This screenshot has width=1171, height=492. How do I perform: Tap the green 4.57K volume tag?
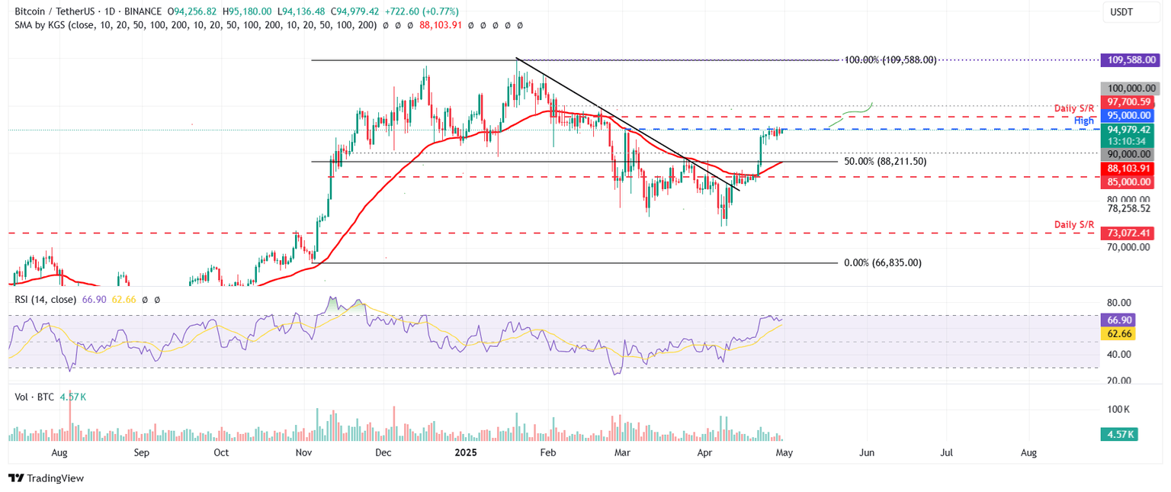pos(1118,435)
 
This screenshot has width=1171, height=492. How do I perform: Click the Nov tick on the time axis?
pos(303,452)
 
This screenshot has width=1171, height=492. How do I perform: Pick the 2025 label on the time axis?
pos(466,452)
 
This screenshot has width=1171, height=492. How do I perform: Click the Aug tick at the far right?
pos(1028,452)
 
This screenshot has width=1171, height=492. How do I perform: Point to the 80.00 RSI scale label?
pos(1118,302)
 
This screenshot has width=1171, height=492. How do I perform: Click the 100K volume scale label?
pos(1118,410)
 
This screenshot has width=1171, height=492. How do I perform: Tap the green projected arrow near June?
pos(852,113)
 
